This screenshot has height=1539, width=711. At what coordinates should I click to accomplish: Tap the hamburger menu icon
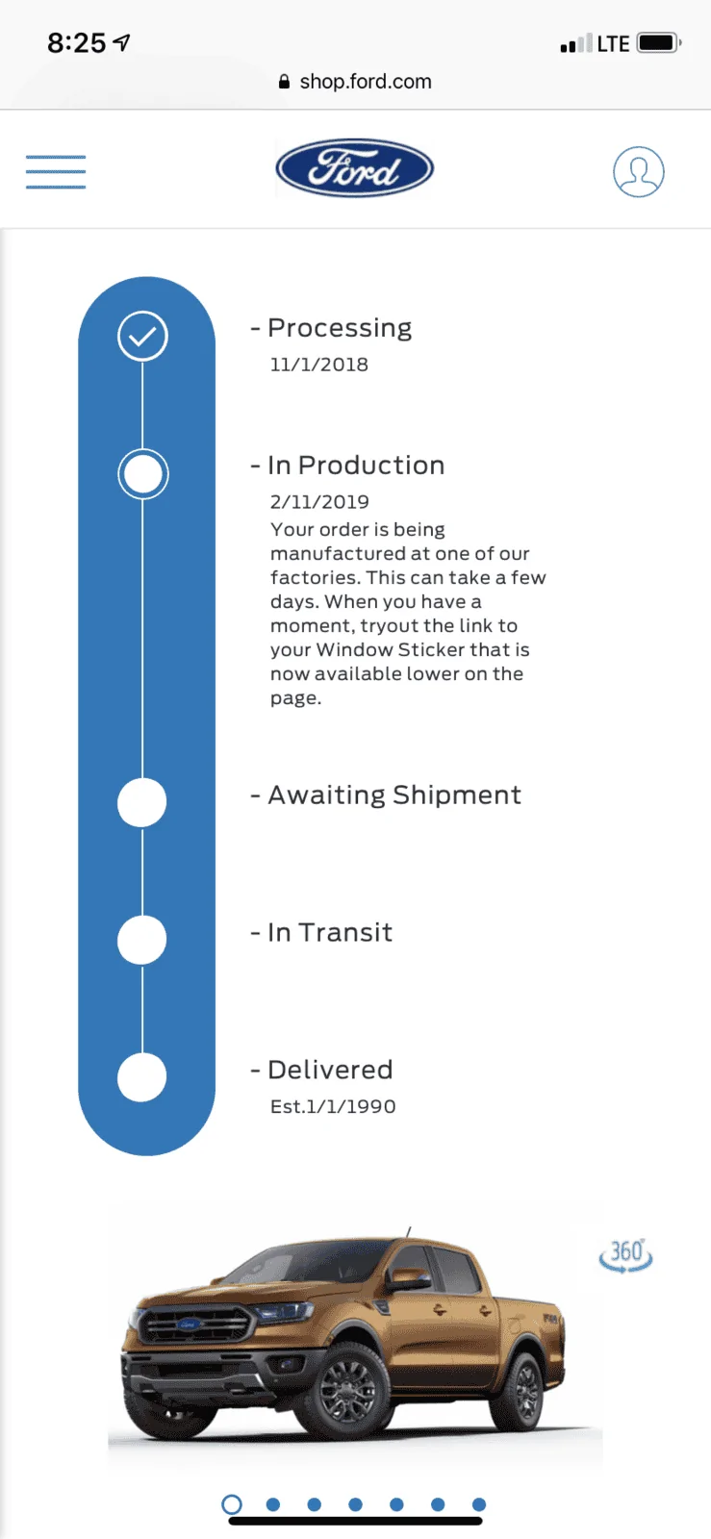[x=56, y=172]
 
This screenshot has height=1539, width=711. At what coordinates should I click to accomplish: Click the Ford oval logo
[x=354, y=168]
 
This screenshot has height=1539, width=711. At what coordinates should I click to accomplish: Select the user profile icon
[x=638, y=172]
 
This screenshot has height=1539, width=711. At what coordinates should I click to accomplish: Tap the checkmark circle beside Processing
[x=143, y=336]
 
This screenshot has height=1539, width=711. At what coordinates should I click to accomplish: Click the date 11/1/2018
[x=319, y=365]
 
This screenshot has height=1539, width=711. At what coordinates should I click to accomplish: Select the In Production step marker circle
[x=143, y=474]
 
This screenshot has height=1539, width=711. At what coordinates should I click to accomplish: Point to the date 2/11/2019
[x=319, y=502]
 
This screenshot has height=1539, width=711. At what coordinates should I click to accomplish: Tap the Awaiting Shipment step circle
[x=142, y=802]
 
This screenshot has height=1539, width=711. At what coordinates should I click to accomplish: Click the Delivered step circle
[x=142, y=1077]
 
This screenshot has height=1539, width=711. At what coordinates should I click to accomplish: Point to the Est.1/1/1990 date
[x=333, y=1107]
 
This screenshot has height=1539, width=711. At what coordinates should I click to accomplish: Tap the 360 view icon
[x=625, y=1255]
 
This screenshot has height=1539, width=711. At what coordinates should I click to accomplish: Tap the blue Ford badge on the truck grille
[x=189, y=1324]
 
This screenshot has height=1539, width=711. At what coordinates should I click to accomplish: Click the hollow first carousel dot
[x=232, y=1504]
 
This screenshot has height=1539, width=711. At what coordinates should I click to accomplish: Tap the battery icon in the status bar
[x=659, y=42]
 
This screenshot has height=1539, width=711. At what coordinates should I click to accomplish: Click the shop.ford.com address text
[x=366, y=82]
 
